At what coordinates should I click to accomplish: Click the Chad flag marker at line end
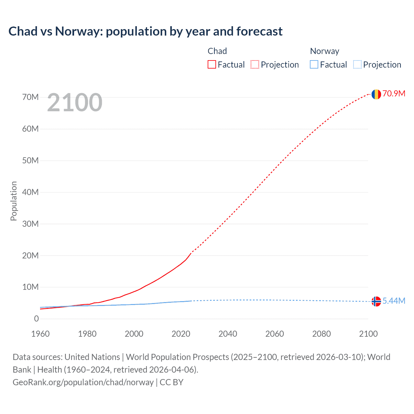(x=376, y=94)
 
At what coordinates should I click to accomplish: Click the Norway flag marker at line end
(x=376, y=301)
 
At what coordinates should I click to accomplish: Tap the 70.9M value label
(x=394, y=93)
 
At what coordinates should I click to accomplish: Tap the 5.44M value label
(x=394, y=301)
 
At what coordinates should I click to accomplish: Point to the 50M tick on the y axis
(x=30, y=160)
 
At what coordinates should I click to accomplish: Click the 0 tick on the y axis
(x=36, y=319)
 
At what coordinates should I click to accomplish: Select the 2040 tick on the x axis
(x=228, y=334)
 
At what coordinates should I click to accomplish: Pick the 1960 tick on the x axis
(x=40, y=334)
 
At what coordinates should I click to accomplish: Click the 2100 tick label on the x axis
(x=368, y=334)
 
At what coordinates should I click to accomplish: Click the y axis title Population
(x=14, y=201)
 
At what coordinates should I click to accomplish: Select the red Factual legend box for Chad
(x=212, y=64)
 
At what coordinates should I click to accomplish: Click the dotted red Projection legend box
(x=255, y=64)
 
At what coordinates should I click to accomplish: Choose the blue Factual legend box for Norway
(x=314, y=64)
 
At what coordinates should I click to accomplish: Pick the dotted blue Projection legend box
(x=357, y=64)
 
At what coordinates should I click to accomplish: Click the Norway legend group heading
(x=324, y=51)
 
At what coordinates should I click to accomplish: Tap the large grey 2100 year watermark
(x=75, y=103)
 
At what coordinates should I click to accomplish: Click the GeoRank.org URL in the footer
(x=83, y=382)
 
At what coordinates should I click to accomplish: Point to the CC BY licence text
(x=171, y=382)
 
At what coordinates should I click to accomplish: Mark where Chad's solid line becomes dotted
(x=191, y=252)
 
